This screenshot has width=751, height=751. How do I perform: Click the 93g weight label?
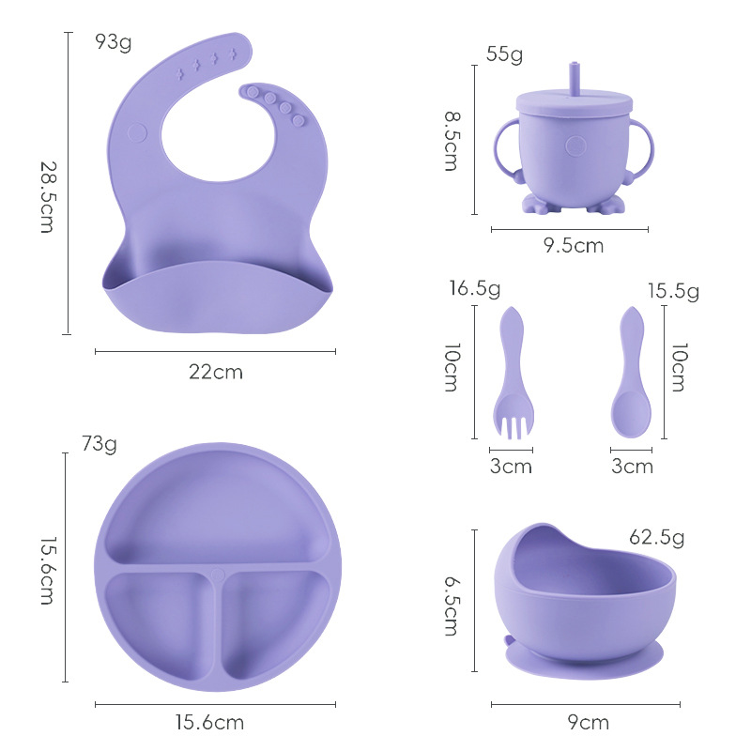(x=113, y=42)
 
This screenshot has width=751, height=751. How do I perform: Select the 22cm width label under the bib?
(x=216, y=372)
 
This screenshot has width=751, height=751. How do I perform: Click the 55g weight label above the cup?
(x=504, y=54)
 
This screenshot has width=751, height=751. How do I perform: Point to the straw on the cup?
(x=575, y=78)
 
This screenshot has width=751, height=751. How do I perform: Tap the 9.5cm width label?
(x=574, y=246)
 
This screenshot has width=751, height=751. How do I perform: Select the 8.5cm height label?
(x=452, y=141)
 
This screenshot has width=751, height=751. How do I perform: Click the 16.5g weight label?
(x=475, y=289)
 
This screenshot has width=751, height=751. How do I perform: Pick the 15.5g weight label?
(x=673, y=291)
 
